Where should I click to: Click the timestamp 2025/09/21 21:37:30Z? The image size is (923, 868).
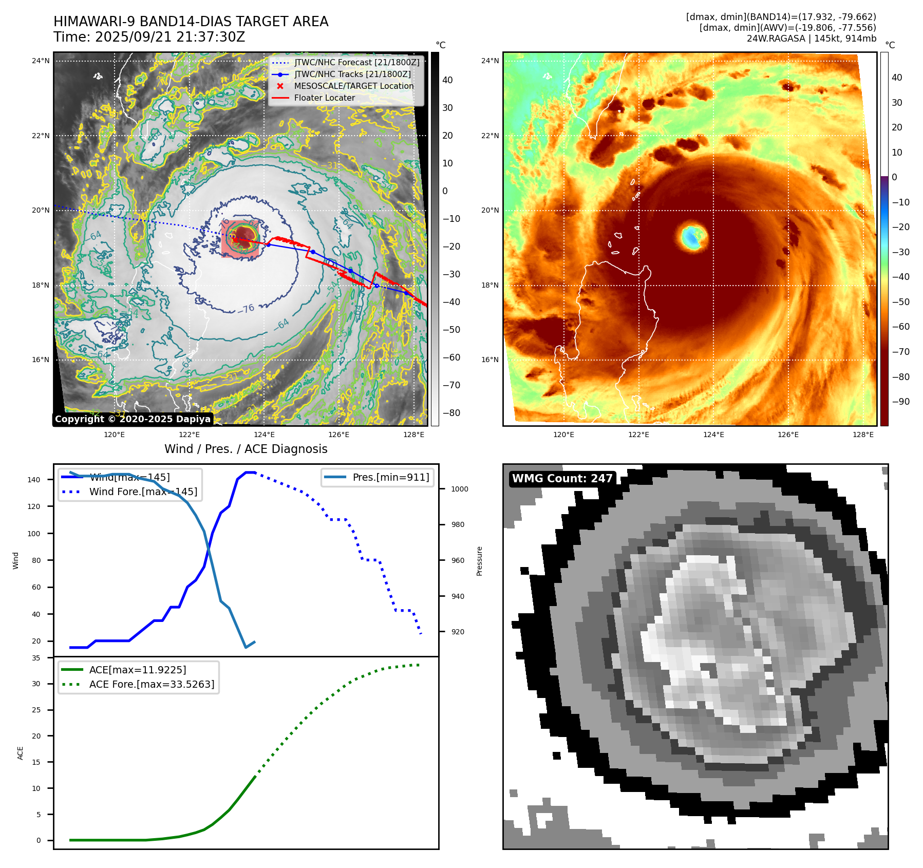click(170, 37)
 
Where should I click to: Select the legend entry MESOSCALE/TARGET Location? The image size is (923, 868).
click(353, 86)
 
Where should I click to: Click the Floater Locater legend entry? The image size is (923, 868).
click(324, 98)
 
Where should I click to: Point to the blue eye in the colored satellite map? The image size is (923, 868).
click(693, 237)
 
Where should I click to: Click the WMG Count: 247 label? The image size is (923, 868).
click(562, 479)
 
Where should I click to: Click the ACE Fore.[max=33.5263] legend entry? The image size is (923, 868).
click(152, 684)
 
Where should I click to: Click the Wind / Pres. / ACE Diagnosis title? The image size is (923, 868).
click(246, 449)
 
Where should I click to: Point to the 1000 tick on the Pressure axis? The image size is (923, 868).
click(459, 489)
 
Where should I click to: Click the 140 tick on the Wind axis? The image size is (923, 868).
click(34, 480)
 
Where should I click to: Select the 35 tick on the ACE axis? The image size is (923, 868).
click(36, 658)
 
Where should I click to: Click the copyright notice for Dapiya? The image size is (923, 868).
click(133, 419)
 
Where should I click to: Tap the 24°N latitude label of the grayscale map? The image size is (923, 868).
click(41, 61)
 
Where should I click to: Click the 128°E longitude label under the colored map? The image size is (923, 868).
click(863, 435)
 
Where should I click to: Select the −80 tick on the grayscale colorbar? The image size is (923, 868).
click(451, 413)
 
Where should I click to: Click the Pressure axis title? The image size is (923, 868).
click(479, 561)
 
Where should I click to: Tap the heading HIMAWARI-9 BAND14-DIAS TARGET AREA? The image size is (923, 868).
click(191, 22)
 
